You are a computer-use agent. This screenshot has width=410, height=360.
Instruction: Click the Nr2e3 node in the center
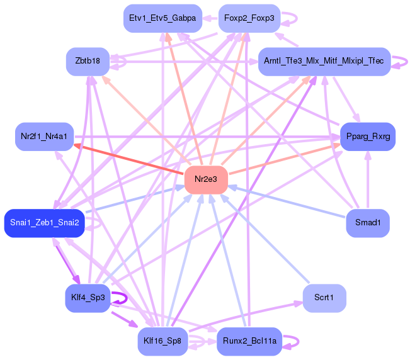tap(206, 179)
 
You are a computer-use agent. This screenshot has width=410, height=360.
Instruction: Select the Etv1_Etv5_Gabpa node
tap(162, 18)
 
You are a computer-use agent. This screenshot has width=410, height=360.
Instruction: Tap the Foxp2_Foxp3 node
tap(249, 18)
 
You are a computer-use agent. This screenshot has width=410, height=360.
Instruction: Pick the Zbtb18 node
tap(88, 62)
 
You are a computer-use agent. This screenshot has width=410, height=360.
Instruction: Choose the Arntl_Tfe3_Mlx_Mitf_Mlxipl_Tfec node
tap(324, 62)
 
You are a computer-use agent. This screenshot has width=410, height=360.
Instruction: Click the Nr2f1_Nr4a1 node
tap(44, 137)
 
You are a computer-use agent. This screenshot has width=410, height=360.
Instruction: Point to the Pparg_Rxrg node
tap(368, 137)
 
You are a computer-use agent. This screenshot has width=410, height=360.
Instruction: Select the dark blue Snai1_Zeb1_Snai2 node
tap(45, 223)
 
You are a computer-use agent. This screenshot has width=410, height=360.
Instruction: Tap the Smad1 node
tap(368, 223)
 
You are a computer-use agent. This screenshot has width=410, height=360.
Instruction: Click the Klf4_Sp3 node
tap(88, 298)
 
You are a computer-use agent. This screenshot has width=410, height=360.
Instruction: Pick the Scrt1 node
tap(324, 298)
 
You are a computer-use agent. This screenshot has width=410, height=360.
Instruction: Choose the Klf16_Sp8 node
tap(162, 341)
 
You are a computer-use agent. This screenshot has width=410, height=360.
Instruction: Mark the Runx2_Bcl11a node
tap(249, 341)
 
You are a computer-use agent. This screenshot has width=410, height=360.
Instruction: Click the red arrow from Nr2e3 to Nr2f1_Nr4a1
tap(128, 159)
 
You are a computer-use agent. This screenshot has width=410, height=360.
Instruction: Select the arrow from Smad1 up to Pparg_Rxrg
tap(368, 179)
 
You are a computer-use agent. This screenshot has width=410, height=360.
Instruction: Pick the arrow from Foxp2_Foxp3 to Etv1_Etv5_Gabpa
tap(210, 18)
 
